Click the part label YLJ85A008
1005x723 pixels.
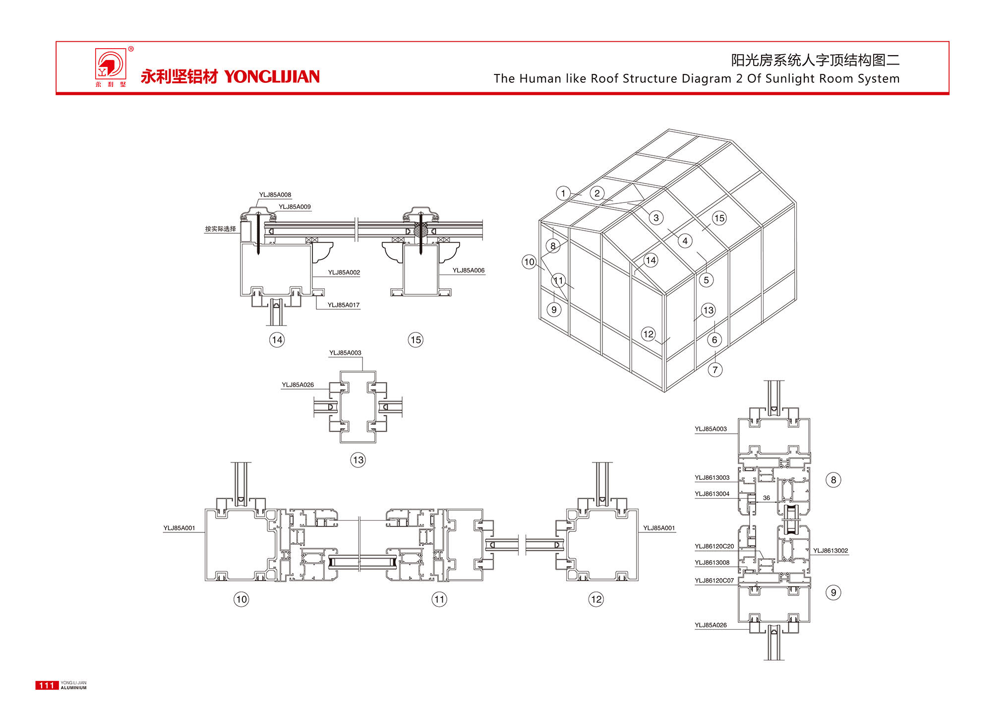(275, 195)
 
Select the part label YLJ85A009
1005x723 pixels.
(295, 206)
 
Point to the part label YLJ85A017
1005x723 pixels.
(343, 305)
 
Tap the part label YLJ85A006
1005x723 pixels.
(468, 270)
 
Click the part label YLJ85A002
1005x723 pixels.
(344, 272)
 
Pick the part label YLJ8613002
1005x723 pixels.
(830, 550)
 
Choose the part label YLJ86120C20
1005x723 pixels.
(714, 546)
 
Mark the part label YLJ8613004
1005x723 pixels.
(712, 494)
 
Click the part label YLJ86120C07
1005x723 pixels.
(714, 580)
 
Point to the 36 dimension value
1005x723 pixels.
(766, 498)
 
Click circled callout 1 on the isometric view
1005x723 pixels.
(563, 193)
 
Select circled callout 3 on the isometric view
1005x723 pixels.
(656, 217)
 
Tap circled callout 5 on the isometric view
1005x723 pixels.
(706, 280)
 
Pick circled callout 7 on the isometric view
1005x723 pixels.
(715, 370)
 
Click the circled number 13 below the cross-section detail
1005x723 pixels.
(358, 460)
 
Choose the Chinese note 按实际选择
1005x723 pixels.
(220, 229)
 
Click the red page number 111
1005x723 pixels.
(47, 685)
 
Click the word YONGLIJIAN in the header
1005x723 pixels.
(272, 76)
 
